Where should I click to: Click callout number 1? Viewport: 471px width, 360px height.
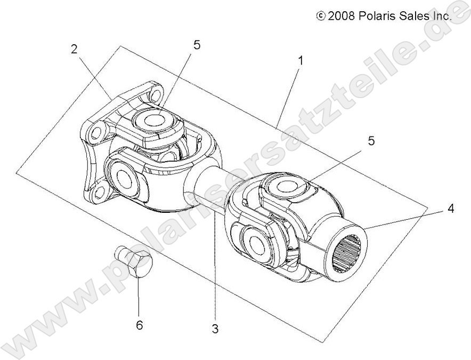301,61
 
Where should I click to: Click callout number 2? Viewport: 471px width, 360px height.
74,49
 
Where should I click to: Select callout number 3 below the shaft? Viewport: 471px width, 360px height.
215,329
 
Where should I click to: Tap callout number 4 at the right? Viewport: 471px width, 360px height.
451,209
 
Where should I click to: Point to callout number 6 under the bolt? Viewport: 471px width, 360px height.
139,325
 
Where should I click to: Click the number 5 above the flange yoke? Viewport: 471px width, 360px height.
197,45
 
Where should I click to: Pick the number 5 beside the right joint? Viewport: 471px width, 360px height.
371,141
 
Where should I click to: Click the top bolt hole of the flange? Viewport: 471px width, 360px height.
156,96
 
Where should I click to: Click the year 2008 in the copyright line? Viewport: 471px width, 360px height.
344,16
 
